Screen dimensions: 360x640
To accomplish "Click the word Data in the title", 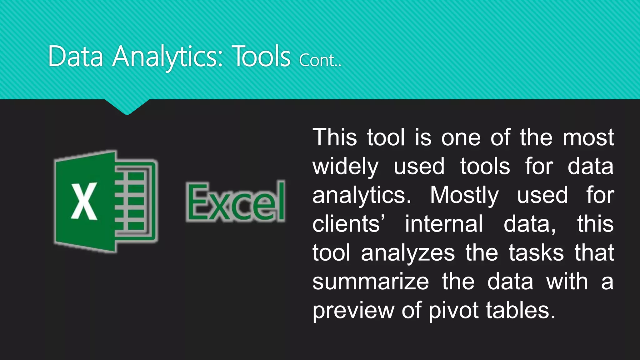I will tap(76, 57).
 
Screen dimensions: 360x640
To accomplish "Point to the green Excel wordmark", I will tap(236, 202).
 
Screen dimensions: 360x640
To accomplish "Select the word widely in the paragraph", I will tap(345, 167).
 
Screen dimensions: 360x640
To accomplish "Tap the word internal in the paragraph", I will tap(444, 224).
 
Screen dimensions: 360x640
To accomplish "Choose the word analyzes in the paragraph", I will tap(408, 253).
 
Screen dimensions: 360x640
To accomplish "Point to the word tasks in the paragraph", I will tap(536, 253).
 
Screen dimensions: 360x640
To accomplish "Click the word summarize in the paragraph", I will tap(371, 282).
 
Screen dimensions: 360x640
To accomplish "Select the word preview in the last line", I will tap(353, 311).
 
